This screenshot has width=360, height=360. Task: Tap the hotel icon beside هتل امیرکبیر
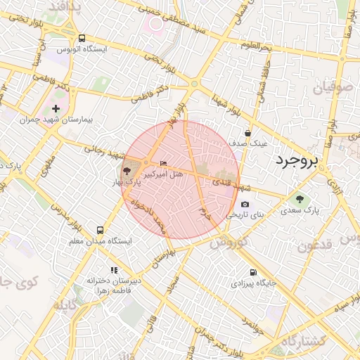click(x=165, y=163)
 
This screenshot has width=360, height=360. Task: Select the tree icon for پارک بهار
click(x=126, y=171)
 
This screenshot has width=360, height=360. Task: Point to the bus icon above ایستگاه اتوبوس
click(x=82, y=39)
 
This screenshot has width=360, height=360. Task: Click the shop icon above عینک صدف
click(x=247, y=133)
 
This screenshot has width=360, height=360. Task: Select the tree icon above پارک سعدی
click(x=300, y=199)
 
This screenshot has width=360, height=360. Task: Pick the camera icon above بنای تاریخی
click(x=245, y=204)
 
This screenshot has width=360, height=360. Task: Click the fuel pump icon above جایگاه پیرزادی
click(x=252, y=273)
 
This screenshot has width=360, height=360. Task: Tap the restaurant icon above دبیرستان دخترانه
click(x=114, y=270)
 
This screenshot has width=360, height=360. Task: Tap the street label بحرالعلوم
click(x=255, y=47)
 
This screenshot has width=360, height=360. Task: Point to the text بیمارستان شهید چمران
click(x=58, y=120)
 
